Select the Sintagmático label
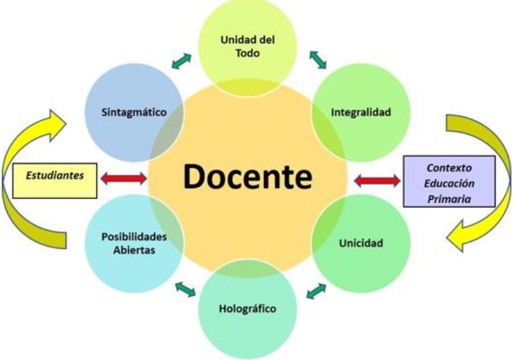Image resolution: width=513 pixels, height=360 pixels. (x=135, y=112)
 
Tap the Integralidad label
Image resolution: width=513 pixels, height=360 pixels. (x=361, y=112)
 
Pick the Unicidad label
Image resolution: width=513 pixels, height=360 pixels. (x=361, y=243)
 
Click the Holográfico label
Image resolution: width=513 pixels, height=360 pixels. (x=248, y=308)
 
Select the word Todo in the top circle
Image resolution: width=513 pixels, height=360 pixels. (x=248, y=53)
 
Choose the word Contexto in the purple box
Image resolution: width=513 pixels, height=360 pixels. (x=449, y=166)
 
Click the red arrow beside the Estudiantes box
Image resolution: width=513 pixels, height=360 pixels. (x=123, y=179)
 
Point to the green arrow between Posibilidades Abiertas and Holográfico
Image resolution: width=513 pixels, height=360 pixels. (x=184, y=289)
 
